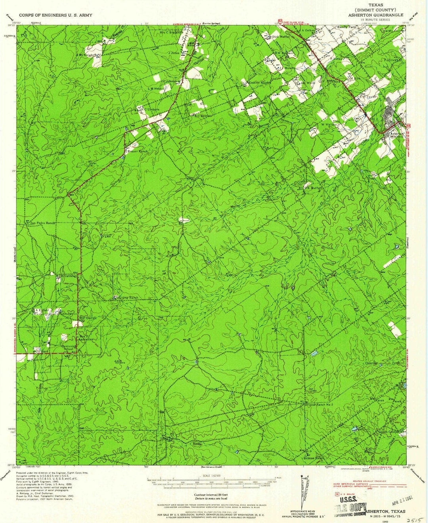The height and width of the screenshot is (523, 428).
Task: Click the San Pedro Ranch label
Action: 43,223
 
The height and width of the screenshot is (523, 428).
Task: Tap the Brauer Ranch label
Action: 138,151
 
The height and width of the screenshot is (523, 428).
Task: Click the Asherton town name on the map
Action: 397,134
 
